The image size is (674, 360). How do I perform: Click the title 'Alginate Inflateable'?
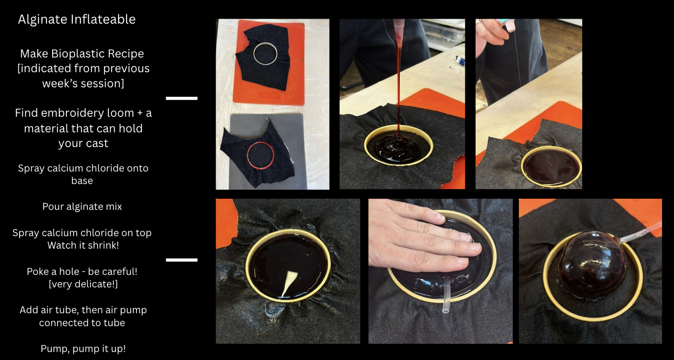77,20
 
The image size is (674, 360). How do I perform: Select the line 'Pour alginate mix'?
82,207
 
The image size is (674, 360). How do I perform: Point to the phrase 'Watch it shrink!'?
83,245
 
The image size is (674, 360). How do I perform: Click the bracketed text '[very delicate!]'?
83,284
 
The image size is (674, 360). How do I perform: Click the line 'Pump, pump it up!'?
83,348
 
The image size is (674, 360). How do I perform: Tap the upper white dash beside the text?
182,98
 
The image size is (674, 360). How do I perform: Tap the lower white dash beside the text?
182,260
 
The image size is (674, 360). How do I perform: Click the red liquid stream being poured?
399,84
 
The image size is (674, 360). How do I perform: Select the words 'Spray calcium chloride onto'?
83,168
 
